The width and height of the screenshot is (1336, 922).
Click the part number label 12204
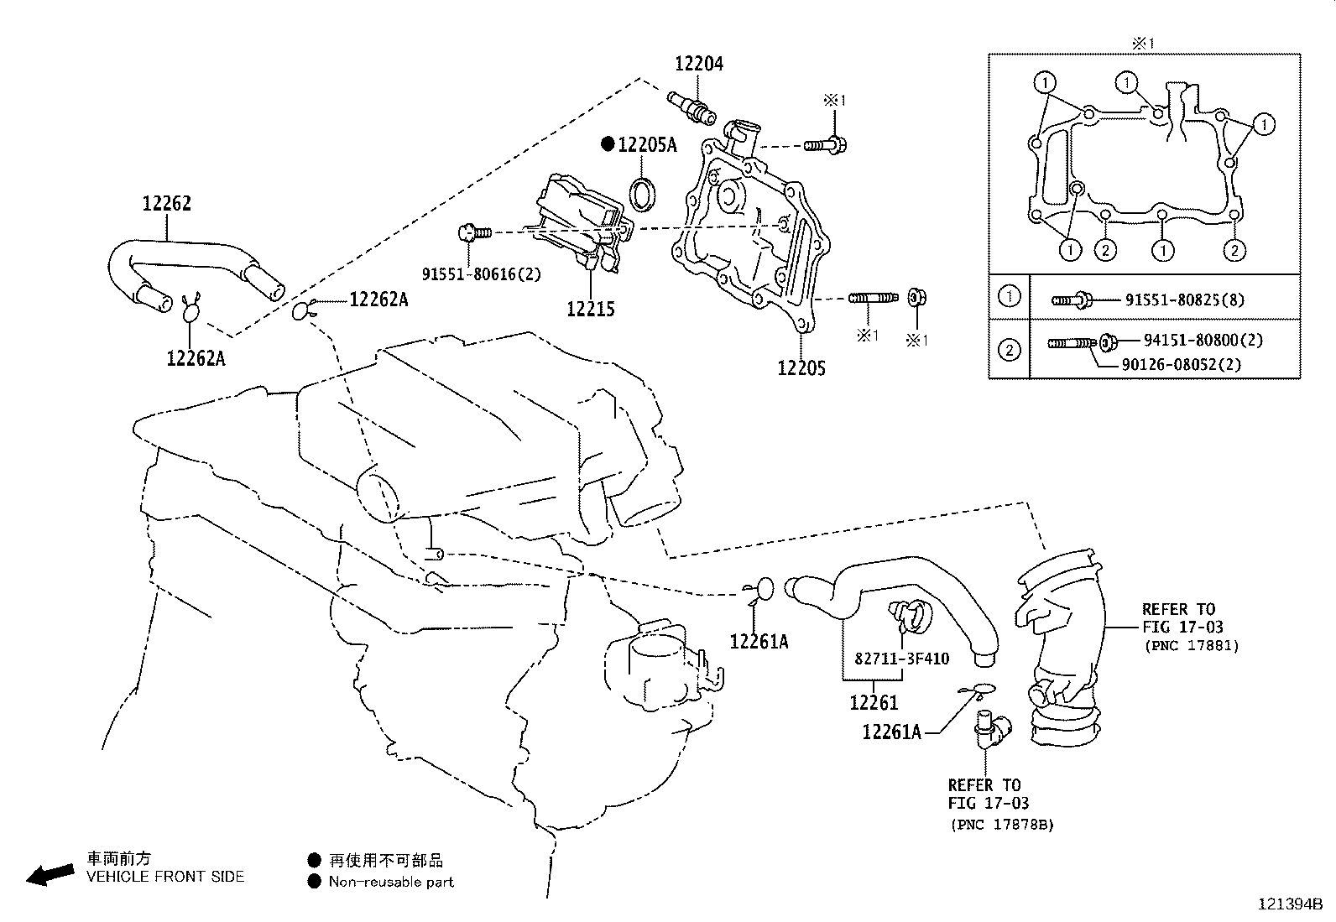point(699,64)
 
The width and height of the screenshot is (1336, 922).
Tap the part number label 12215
point(590,309)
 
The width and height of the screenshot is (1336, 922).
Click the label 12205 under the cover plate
point(801,367)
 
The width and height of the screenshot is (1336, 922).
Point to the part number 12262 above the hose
point(166,203)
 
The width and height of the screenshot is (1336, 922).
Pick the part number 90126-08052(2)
point(1181,364)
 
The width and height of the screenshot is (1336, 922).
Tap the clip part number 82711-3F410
point(901,659)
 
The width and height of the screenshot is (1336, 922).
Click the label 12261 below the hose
point(873,703)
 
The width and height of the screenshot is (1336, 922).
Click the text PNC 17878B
point(1002,824)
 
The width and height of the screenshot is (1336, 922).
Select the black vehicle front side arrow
point(49,874)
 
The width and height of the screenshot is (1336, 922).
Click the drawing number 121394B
point(1289,904)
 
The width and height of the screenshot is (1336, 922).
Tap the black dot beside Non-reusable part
point(314,882)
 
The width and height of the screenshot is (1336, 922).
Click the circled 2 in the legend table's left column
point(1010,348)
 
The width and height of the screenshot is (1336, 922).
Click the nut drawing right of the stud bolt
point(917,298)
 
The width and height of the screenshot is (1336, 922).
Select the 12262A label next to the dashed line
point(378,299)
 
